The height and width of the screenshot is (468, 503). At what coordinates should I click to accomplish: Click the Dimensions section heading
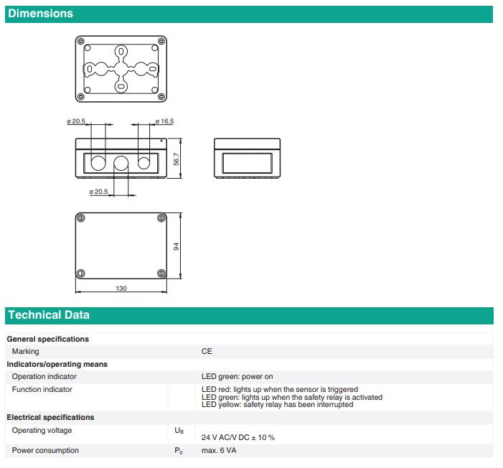coord(40,14)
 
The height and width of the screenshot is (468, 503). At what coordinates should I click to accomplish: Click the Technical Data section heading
coord(49,315)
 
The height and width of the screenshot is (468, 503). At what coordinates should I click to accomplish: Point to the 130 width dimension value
coord(121,288)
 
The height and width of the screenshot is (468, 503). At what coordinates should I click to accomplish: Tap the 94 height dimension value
coord(177,246)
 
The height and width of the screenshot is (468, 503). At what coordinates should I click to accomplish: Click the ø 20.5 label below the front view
coord(98,192)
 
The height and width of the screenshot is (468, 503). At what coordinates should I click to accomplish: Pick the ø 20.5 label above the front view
coord(75,122)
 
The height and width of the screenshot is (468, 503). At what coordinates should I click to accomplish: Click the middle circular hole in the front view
coord(121,163)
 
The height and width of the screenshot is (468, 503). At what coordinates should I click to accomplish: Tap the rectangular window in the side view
coord(247,162)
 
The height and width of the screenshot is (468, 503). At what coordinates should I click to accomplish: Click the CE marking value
coord(207,352)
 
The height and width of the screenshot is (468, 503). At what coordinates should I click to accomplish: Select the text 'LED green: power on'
coord(237,376)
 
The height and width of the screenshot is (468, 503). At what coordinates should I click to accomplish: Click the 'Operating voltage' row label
coord(42,431)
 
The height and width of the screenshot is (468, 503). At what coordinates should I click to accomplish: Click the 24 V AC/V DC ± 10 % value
coord(238,436)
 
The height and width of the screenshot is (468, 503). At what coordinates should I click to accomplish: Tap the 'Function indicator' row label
coord(42,390)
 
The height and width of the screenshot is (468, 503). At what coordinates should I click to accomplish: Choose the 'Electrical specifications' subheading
coord(50,417)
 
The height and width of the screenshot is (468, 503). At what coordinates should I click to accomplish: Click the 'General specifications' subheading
coord(47,339)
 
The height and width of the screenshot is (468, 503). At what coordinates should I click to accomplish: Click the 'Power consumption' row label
coord(45,451)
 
